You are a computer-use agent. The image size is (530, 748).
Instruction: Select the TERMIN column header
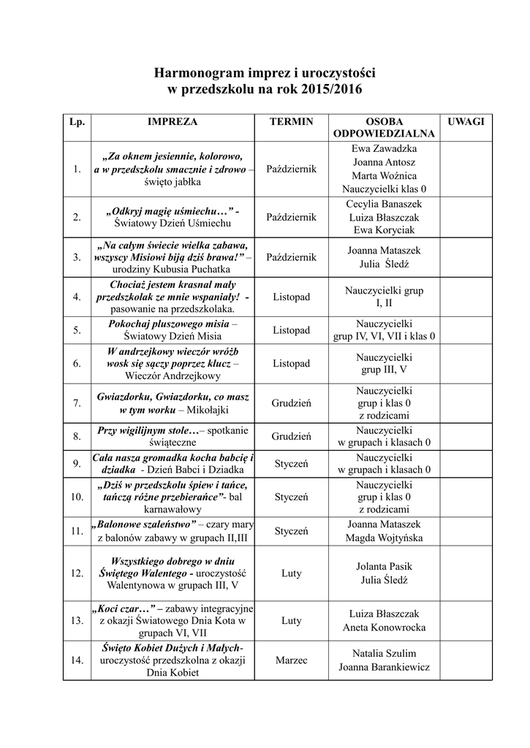[x=291, y=121]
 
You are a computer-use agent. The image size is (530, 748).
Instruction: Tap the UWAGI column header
[x=466, y=121]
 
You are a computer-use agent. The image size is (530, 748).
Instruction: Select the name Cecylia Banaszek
[x=384, y=204]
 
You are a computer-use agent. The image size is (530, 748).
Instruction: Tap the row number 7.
[x=77, y=402]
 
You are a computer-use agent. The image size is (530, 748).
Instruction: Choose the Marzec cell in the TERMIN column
[x=291, y=660]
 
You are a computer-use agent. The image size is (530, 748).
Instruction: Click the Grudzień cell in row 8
[x=291, y=436]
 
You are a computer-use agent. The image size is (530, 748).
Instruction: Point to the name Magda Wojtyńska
[x=384, y=538]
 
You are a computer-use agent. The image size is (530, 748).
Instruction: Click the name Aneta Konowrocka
[x=384, y=627]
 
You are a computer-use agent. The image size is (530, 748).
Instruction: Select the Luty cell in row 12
[x=291, y=573]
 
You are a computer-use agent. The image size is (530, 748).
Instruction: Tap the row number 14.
[x=77, y=660]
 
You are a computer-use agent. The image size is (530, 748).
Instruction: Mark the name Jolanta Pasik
[x=384, y=566]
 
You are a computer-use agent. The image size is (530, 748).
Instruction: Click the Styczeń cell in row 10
[x=291, y=497]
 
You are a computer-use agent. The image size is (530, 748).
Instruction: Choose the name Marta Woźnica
[x=384, y=176]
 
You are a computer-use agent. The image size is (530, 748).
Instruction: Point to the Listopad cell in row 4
[x=291, y=297]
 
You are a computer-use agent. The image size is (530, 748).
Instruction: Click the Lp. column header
[x=77, y=121]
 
